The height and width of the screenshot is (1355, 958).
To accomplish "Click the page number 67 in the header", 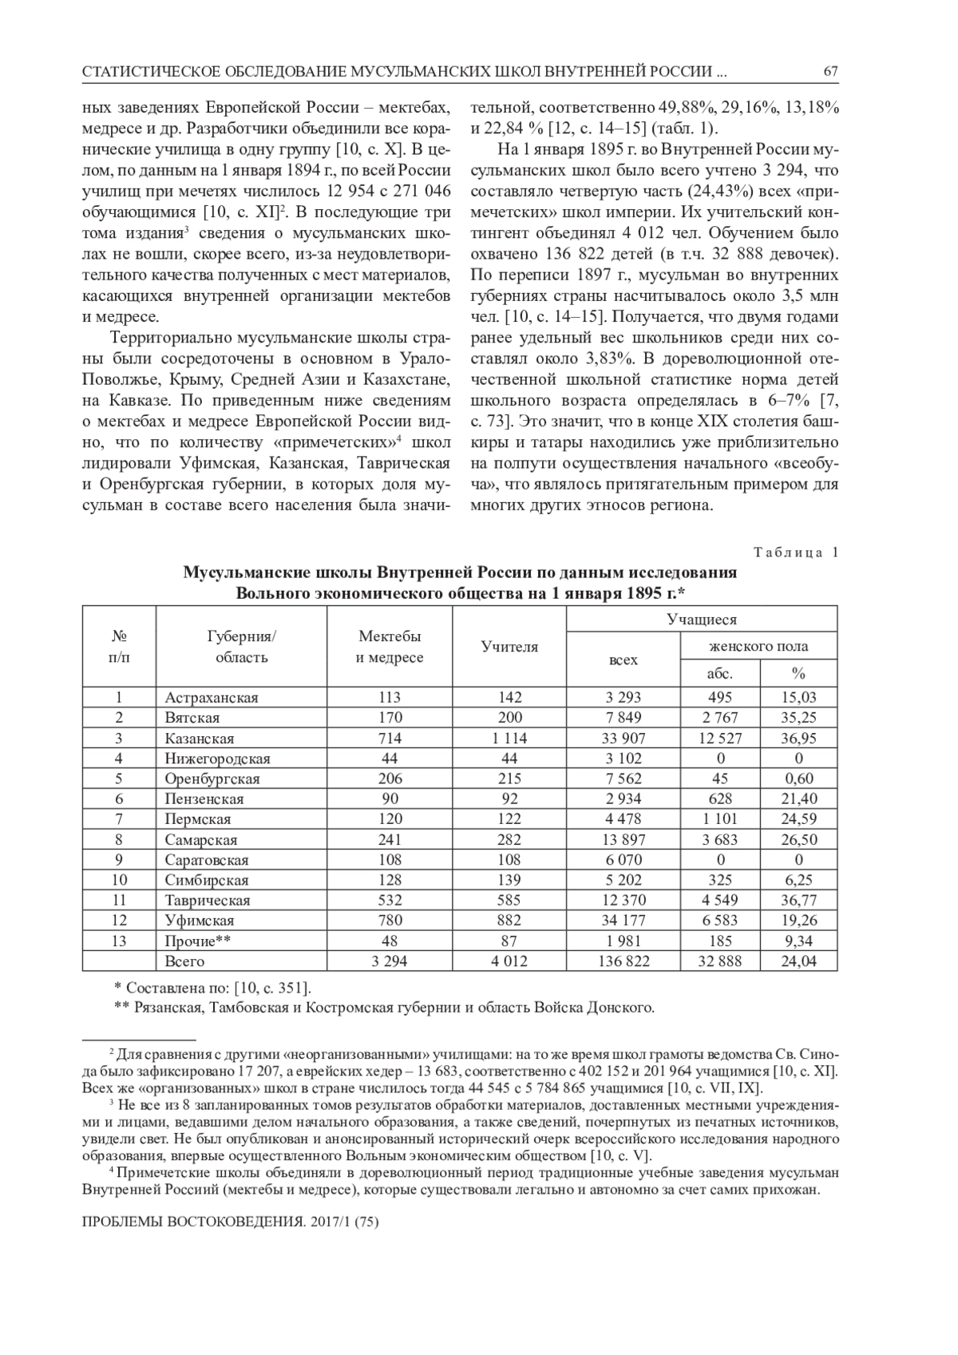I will [830, 72].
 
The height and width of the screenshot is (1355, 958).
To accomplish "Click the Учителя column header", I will [509, 647].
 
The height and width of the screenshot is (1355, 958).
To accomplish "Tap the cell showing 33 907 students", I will [623, 739].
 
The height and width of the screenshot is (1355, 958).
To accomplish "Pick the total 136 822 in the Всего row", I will [623, 961].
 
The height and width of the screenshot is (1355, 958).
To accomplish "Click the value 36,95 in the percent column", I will [798, 739].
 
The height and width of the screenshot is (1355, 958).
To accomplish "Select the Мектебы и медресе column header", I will [390, 647].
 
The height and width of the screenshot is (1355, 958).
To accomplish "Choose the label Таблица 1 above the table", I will [796, 553].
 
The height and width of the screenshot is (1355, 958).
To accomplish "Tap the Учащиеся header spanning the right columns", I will [702, 620].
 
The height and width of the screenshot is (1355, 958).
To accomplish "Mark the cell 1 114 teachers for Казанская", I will [509, 739].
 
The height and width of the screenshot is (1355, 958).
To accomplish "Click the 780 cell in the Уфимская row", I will [390, 921].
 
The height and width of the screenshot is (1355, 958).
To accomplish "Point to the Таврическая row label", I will [208, 901].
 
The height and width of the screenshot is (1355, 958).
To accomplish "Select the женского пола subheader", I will [758, 647].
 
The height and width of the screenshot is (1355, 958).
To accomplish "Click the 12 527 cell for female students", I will [720, 739].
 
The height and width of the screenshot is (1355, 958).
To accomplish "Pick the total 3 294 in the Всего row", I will [390, 961].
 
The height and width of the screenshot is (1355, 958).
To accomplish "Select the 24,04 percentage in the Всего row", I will [798, 961].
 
